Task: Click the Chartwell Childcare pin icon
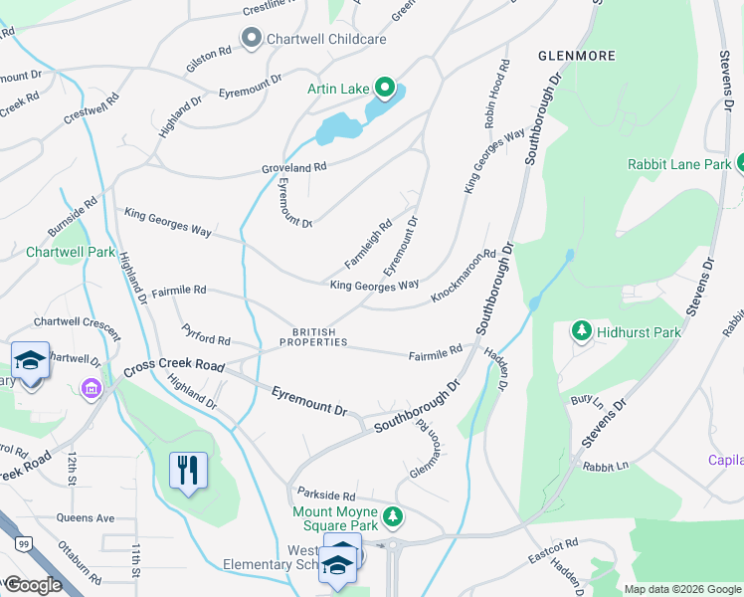(x=250, y=39)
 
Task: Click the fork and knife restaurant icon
(x=188, y=469)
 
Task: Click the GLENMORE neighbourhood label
(x=576, y=56)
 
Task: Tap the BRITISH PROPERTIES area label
(x=313, y=337)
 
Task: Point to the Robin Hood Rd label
(x=497, y=93)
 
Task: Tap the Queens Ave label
(x=86, y=518)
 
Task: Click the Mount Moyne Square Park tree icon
(x=394, y=515)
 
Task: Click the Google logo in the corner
(x=32, y=585)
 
